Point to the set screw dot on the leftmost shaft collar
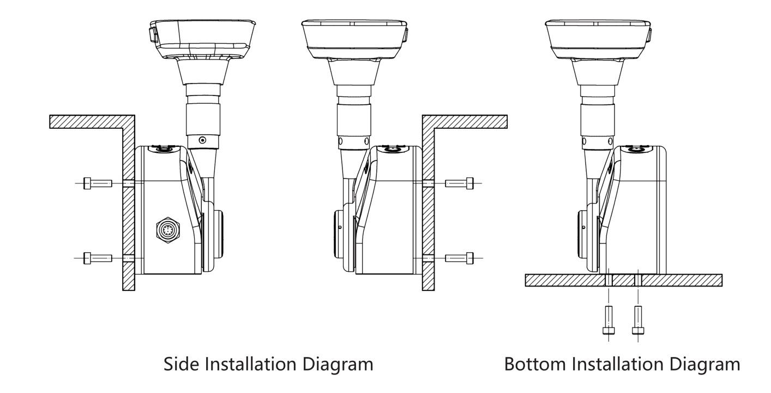point(203,140)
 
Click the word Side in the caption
point(183,364)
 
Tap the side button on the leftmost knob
point(152,35)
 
